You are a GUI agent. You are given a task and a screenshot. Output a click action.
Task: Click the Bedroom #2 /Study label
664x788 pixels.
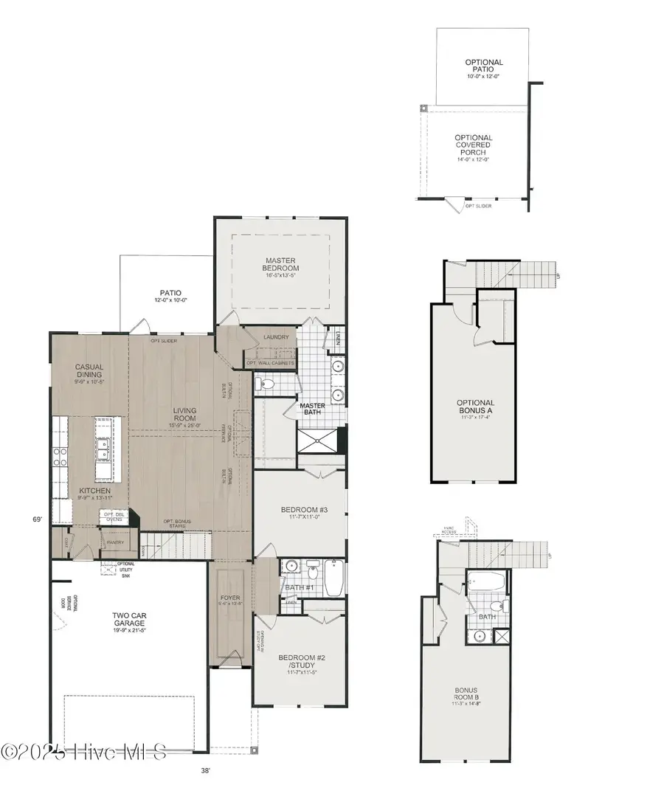point(299,662)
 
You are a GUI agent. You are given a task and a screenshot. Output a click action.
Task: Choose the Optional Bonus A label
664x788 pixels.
point(474,407)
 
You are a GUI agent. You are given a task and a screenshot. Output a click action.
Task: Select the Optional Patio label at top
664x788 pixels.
point(483,66)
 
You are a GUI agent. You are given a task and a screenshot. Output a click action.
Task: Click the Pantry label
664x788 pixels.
point(116,542)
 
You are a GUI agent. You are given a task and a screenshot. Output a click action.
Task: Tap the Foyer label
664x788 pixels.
point(231,598)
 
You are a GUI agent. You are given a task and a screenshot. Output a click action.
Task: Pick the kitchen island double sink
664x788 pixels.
point(104,447)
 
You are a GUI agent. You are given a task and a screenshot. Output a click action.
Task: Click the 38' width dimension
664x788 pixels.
point(205,770)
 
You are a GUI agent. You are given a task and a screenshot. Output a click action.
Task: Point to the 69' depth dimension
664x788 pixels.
point(37,519)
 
